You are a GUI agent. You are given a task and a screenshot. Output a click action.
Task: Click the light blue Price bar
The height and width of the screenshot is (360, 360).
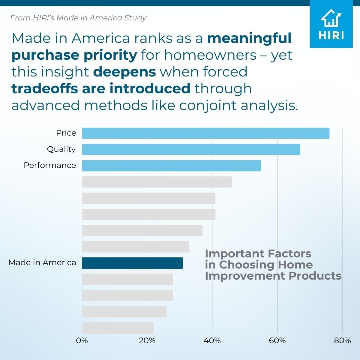(205, 133)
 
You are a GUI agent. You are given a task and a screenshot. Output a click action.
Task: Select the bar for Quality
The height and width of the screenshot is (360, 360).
(191, 149)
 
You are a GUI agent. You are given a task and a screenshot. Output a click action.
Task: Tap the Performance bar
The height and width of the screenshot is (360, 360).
(171, 166)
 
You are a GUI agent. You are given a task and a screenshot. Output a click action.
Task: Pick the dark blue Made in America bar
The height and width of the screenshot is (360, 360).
(132, 263)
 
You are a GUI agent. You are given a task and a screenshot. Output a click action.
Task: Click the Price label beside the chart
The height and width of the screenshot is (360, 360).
(66, 133)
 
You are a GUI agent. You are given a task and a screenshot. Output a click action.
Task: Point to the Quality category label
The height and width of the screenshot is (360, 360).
(61, 149)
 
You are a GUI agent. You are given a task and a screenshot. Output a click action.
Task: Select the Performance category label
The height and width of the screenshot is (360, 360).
(50, 165)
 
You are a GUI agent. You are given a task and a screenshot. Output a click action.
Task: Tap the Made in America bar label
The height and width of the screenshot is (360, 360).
(42, 262)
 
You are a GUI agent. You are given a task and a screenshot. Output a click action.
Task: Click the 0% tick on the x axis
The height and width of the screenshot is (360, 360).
(82, 340)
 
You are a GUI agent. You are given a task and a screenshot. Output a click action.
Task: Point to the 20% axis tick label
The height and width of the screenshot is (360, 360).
(147, 340)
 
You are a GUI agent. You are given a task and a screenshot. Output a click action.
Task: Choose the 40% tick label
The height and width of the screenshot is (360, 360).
(212, 340)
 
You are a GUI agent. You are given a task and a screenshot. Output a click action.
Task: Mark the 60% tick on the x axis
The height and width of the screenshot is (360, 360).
(277, 340)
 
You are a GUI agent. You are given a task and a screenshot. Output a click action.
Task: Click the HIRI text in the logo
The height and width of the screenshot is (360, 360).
(331, 35)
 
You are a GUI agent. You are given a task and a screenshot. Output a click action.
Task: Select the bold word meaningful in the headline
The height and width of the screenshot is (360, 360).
(249, 38)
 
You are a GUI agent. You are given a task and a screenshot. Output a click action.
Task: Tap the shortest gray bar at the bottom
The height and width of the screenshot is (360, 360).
(118, 328)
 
